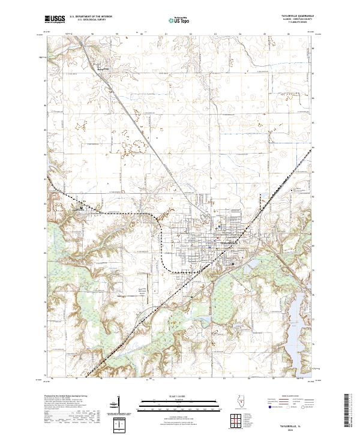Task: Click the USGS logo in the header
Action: coord(55,19)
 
